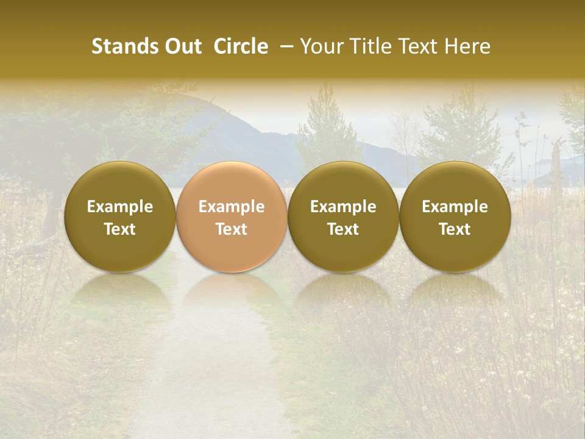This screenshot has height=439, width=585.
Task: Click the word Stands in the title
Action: (x=118, y=46)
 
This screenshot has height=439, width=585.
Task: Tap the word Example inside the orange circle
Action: (x=232, y=207)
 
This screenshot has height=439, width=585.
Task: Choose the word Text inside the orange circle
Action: (x=232, y=229)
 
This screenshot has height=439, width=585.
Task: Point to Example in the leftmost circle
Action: (x=120, y=207)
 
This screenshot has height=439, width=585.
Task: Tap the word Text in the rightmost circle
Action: (x=455, y=229)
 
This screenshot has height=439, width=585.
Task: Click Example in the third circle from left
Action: (x=343, y=207)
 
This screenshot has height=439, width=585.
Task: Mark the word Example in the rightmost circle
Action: (x=455, y=207)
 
